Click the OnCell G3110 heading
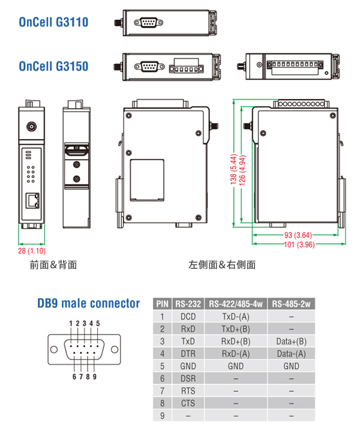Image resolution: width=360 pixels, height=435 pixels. [53, 23]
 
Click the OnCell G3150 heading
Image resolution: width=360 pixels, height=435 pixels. [53, 65]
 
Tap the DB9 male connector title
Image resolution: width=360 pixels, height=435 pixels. [89, 304]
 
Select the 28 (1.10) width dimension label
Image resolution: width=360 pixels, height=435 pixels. [32, 251]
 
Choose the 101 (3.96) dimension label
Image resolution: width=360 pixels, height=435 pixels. [298, 245]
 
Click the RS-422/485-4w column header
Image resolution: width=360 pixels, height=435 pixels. [236, 304]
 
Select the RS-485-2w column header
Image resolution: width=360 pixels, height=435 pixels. [291, 304]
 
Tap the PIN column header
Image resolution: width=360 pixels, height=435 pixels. [162, 304]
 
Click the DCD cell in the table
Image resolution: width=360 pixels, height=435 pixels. [188, 316]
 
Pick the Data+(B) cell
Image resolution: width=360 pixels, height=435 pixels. [291, 341]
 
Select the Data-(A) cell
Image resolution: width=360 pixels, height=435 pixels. [291, 353]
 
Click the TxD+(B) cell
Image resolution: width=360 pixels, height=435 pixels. [236, 329]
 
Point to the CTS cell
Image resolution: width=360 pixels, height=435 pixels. [188, 403]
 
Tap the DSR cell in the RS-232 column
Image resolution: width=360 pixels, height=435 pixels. [188, 379]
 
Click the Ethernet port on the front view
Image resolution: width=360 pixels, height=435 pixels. [33, 199]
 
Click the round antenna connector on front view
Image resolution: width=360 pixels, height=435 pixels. [31, 127]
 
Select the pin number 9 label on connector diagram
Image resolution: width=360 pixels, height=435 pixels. [95, 377]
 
